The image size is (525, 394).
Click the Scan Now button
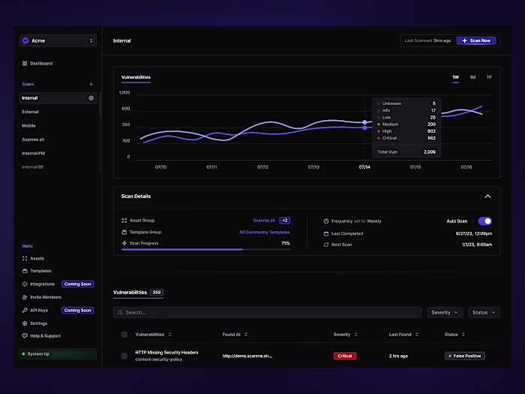tap(475, 41)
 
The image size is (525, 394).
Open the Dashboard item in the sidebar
tap(41, 64)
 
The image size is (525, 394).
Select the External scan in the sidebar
tap(30, 112)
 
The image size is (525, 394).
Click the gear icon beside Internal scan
tap(91, 98)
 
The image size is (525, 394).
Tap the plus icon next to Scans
tap(91, 84)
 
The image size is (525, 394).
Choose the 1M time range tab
tap(472, 77)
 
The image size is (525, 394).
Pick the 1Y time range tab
tap(489, 77)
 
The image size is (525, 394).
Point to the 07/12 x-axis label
tap(262, 167)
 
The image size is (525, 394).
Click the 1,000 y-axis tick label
tap(124, 93)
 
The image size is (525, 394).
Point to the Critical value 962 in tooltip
tap(430, 138)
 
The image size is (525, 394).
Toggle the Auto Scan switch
tap(485, 221)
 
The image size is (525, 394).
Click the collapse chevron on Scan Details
tap(487, 197)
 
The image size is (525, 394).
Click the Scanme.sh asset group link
tap(263, 221)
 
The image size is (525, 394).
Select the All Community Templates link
tap(264, 233)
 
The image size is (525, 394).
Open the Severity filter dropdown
tap(445, 312)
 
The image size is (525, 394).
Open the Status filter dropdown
tap(484, 312)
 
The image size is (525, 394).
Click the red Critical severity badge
tap(345, 356)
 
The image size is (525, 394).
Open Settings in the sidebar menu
tap(38, 323)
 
